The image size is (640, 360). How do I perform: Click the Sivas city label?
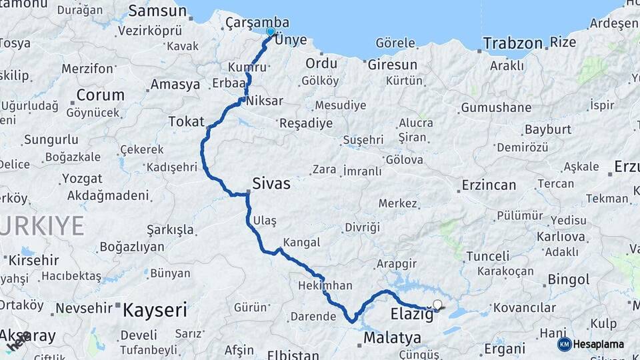coord(271,183)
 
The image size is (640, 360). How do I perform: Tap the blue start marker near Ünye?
coord(270,31)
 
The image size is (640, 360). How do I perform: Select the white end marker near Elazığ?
coord(437,305)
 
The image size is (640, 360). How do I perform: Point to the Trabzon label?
coord(512,43)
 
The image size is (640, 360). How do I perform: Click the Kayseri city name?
coord(155,309)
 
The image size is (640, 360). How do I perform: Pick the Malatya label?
coord(392,338)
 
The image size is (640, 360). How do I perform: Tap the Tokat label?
coord(186,121)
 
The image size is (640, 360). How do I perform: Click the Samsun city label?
coord(157,11)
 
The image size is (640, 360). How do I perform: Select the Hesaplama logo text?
coord(599,344)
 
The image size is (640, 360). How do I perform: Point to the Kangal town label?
coord(301,242)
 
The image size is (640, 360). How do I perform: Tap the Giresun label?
coord(391,65)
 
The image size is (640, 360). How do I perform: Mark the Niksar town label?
coord(265,101)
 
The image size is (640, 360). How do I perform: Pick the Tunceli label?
coord(487,256)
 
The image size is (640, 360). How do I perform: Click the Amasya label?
coord(175,85)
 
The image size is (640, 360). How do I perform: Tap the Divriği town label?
coord(362,227)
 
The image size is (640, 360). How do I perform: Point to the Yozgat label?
coord(82,179)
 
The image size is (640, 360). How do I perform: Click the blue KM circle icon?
coord(564,344)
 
